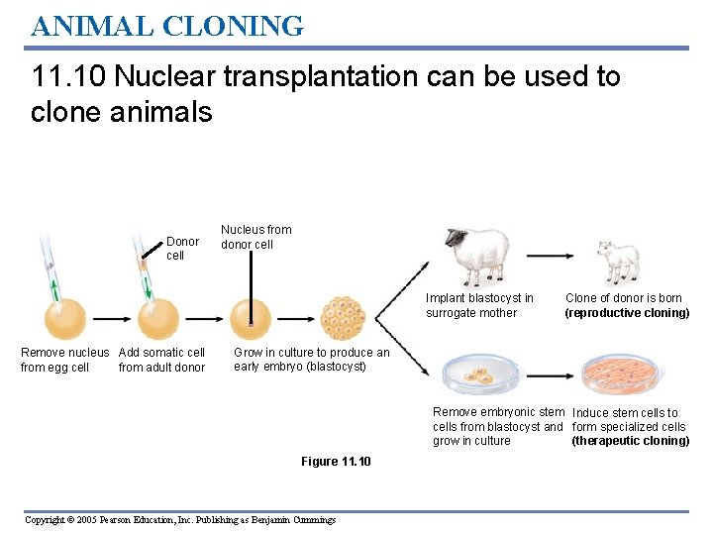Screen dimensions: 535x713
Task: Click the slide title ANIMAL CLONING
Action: point(166,25)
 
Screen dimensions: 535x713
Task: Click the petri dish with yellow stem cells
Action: point(478,375)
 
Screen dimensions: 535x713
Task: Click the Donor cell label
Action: point(182,248)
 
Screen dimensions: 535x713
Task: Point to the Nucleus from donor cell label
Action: point(255,237)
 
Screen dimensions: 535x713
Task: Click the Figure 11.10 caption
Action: point(336,462)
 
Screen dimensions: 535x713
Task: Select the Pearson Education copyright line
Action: point(180,520)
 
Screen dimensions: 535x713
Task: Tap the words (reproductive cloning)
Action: point(627,313)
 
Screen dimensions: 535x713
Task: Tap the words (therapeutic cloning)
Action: point(630,441)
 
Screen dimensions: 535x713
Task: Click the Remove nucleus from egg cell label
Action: point(64,360)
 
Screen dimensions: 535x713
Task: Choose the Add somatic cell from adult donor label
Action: point(161,360)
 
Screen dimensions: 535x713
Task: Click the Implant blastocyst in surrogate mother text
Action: point(479,305)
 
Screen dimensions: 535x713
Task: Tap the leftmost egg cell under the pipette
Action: point(63,319)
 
